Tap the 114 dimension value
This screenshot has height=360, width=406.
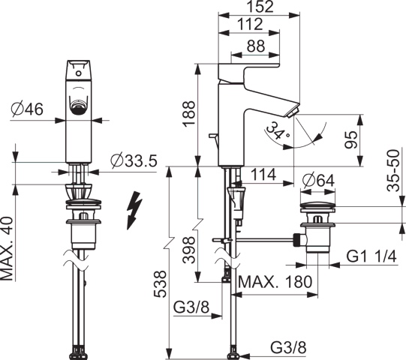point(263,175)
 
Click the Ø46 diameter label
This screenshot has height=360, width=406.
point(28,109)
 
